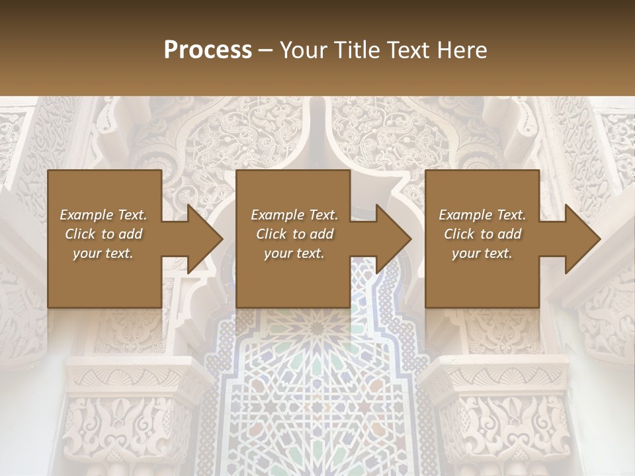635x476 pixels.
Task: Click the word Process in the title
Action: click(x=208, y=50)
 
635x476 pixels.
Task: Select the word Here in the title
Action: click(x=460, y=50)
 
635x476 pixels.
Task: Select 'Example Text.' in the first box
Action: click(x=103, y=215)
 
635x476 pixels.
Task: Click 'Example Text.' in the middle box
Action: click(x=294, y=215)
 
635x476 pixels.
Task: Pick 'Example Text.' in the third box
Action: click(x=482, y=215)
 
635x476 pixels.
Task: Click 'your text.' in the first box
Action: click(x=103, y=253)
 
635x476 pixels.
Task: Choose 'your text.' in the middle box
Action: click(x=294, y=253)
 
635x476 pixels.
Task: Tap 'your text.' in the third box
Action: click(x=482, y=253)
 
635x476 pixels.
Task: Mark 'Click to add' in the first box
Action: click(x=103, y=234)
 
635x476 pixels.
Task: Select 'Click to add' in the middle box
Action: click(x=294, y=234)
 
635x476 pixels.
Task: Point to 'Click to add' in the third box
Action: click(x=482, y=234)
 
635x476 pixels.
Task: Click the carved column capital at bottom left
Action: click(x=126, y=410)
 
